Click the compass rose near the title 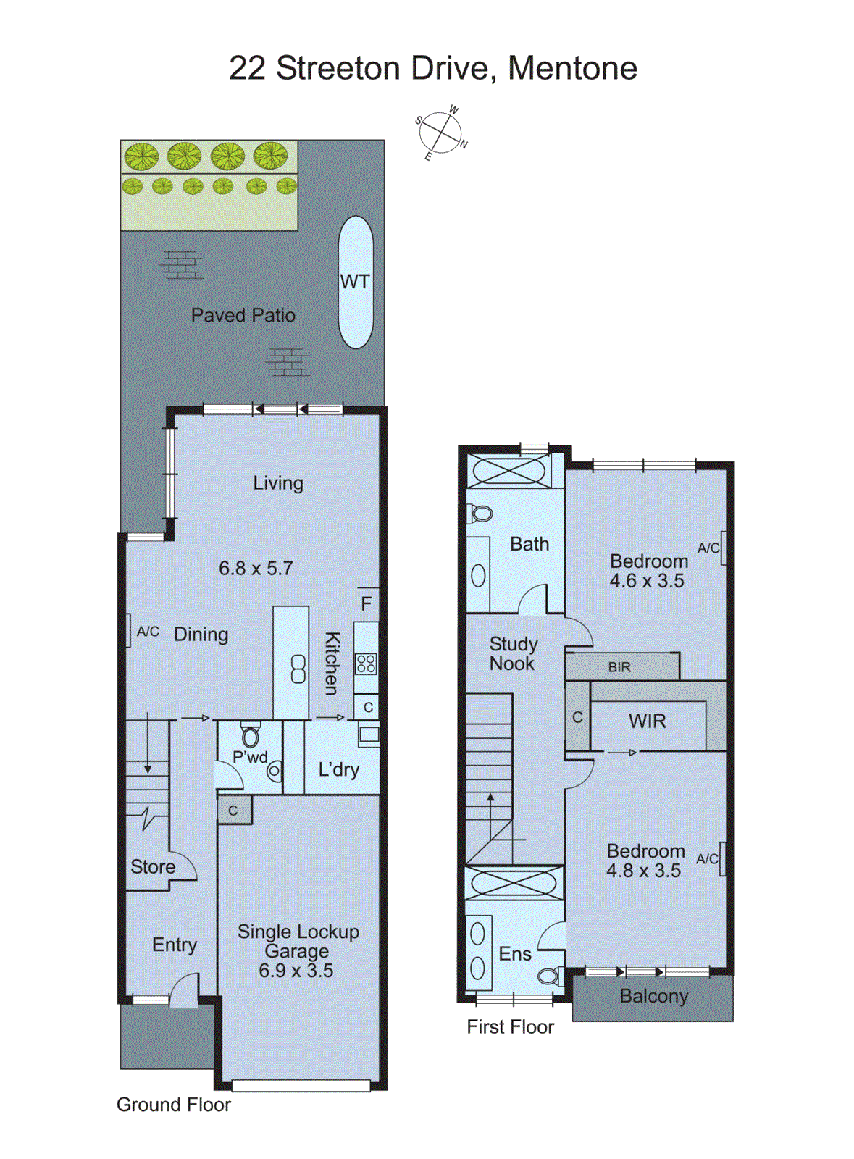[x=440, y=133]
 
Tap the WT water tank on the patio [x=356, y=282]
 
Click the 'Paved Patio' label [x=243, y=315]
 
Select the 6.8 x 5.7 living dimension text [x=256, y=569]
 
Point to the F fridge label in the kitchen [x=367, y=603]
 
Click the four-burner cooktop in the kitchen [x=366, y=664]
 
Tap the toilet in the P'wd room [x=250, y=736]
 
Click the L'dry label [x=338, y=769]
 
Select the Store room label [x=153, y=867]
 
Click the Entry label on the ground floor [x=174, y=945]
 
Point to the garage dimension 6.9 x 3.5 [x=296, y=971]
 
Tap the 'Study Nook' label [x=513, y=653]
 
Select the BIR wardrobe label [x=619, y=667]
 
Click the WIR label [x=647, y=721]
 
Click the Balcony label [x=653, y=997]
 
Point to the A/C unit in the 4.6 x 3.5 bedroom [x=722, y=548]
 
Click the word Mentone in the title [x=572, y=68]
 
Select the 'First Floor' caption [x=510, y=1027]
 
